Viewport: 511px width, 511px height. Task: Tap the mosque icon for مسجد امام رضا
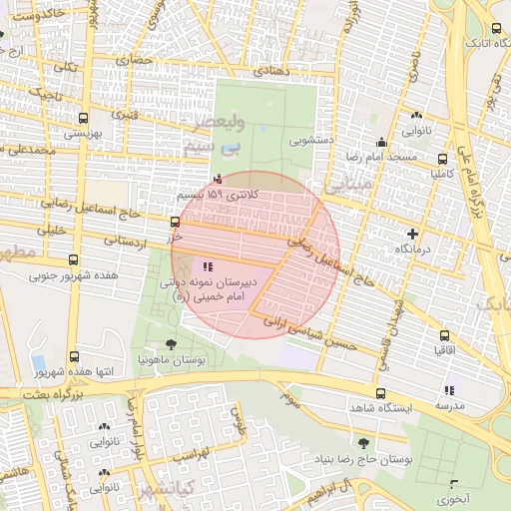click(380, 142)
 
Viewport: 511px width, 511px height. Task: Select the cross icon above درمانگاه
click(399, 232)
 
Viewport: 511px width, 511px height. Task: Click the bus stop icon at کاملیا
click(443, 158)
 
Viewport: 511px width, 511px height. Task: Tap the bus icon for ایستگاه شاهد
click(380, 393)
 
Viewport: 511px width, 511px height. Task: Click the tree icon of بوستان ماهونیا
click(171, 343)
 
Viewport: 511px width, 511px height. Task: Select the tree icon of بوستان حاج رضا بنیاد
click(361, 442)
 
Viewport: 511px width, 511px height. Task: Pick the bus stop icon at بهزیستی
click(76, 117)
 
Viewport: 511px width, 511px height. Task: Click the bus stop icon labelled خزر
click(176, 222)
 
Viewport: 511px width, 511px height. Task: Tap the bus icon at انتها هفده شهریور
click(76, 356)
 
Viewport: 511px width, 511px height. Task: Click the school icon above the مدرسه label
click(448, 390)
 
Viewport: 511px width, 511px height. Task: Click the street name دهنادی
click(270, 71)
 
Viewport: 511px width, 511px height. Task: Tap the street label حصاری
click(136, 61)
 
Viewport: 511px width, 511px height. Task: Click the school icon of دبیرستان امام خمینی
click(208, 266)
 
